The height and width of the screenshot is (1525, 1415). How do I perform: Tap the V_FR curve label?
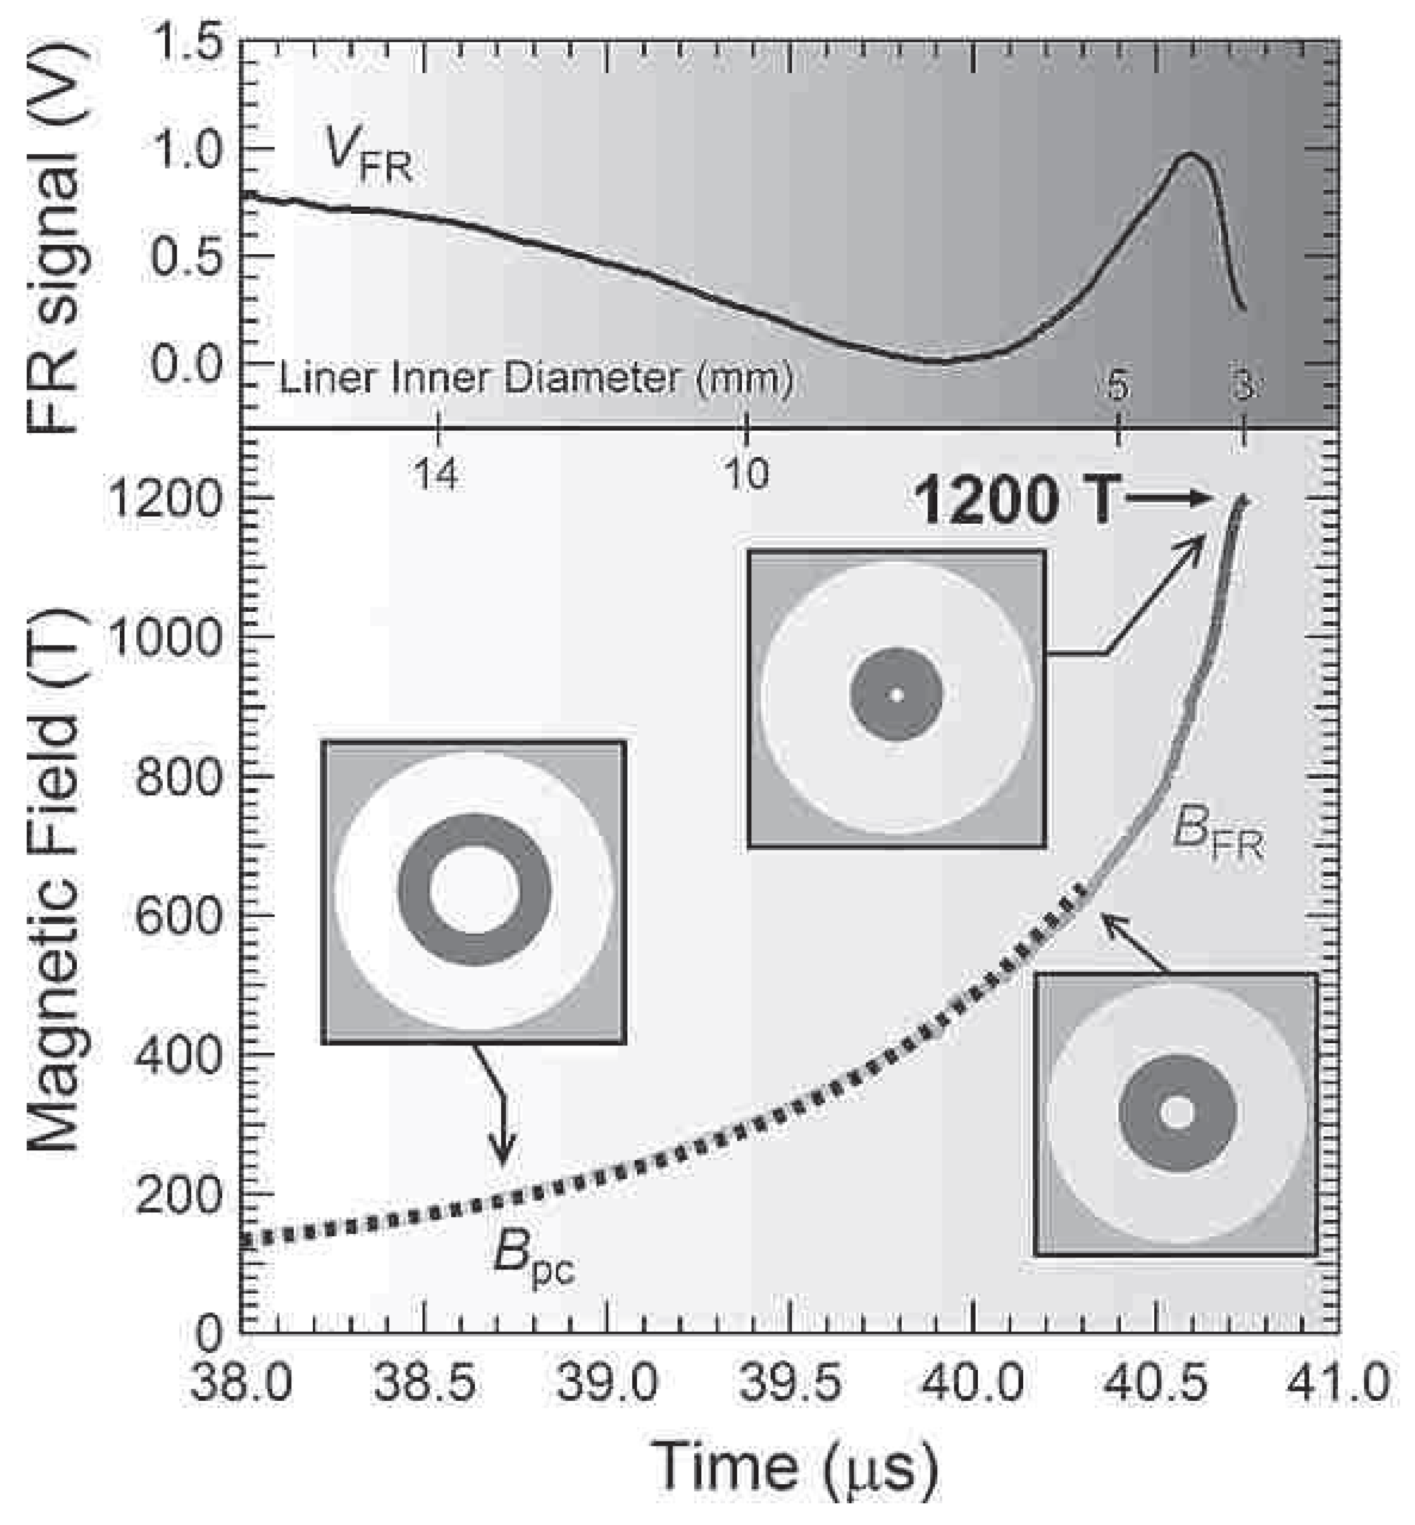click(368, 158)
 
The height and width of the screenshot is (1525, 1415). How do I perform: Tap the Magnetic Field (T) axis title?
click(55, 881)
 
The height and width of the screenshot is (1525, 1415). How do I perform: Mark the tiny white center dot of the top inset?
click(897, 695)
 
